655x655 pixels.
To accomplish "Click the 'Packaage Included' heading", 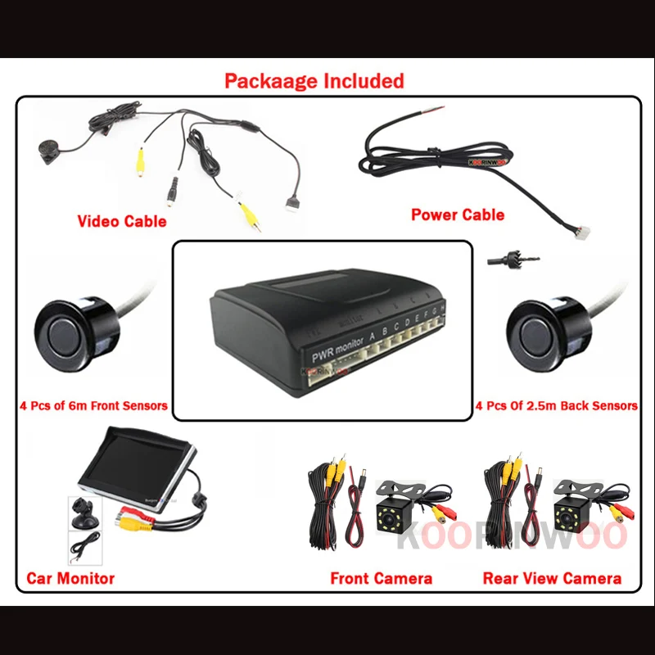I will click(x=314, y=81).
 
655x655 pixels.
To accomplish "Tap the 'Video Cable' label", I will click(x=121, y=221).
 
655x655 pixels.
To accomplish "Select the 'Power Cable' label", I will click(x=457, y=215).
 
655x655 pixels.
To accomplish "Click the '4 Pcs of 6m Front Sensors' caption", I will click(x=93, y=405).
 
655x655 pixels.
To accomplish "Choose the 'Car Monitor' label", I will click(x=70, y=578).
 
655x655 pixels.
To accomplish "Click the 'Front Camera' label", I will click(x=381, y=578).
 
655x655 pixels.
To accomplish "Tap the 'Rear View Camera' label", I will click(x=552, y=578).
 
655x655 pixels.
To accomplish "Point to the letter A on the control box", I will click(x=373, y=335).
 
